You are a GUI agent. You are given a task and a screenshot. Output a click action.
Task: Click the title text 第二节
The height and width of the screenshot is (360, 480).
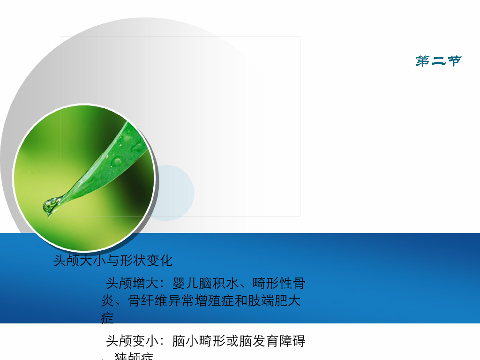coord(438,61)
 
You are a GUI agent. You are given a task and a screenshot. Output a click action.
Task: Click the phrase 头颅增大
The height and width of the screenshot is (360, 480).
coord(125,284)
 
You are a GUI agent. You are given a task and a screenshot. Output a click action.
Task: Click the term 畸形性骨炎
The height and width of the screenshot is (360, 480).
coord(279,284)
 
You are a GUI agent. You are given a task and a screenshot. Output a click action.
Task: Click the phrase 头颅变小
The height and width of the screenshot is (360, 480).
coord(125,341)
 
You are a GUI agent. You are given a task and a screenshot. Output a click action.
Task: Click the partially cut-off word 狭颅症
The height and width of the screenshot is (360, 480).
coord(134,357)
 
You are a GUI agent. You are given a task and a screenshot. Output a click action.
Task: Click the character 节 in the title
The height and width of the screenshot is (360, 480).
coord(454,61)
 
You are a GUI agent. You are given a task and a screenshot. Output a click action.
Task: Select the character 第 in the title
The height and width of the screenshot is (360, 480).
coord(423,61)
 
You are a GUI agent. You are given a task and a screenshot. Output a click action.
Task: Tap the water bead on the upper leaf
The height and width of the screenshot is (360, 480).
coord(117,162)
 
